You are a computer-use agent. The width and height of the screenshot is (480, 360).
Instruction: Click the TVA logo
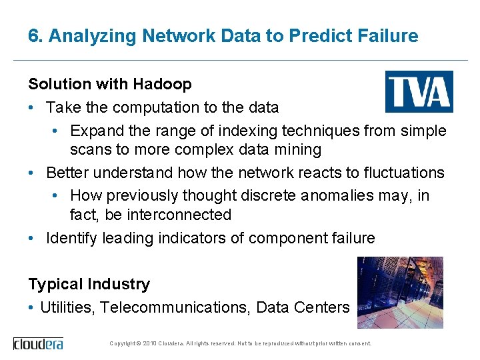(x=419, y=91)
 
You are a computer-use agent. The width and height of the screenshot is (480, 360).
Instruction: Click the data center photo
(x=400, y=292)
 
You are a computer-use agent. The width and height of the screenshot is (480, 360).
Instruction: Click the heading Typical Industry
(x=89, y=284)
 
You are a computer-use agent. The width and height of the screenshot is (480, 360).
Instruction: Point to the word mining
(x=299, y=149)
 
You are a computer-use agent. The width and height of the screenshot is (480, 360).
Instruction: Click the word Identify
(x=71, y=238)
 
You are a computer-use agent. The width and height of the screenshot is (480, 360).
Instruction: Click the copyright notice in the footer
(x=240, y=343)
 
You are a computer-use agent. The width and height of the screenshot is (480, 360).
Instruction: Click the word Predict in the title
(x=312, y=36)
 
